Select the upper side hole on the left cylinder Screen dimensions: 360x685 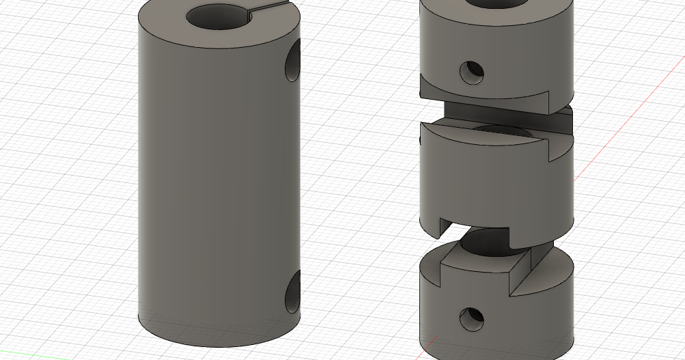click(x=293, y=63)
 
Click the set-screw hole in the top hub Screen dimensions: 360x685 click(x=471, y=72)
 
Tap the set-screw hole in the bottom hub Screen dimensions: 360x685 click(x=471, y=318)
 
